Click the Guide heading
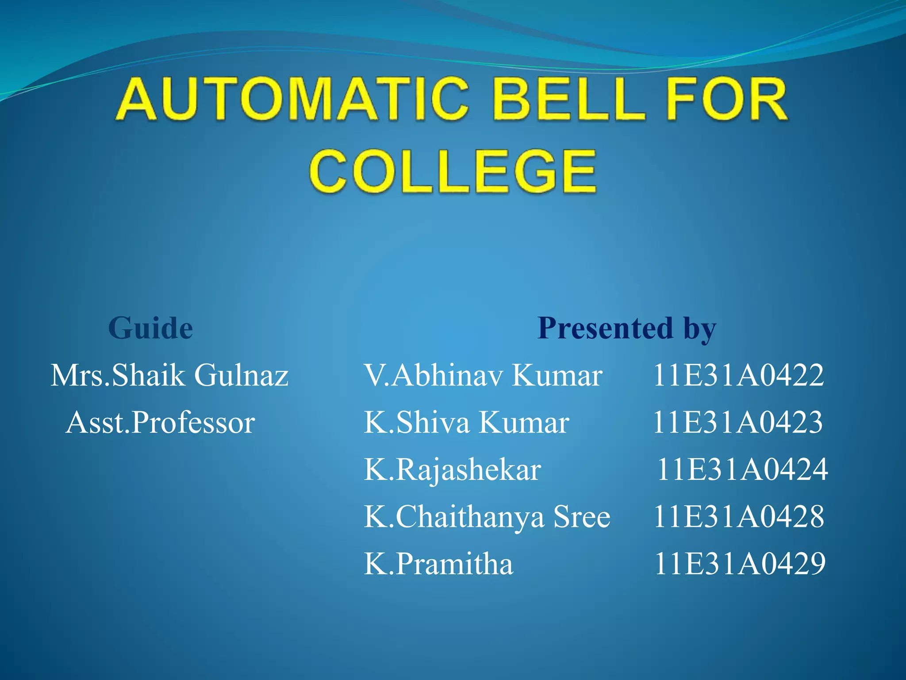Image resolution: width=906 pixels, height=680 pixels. click(x=150, y=328)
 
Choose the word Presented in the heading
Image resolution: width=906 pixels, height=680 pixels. click(x=605, y=328)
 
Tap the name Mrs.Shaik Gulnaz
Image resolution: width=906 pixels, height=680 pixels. click(x=169, y=375)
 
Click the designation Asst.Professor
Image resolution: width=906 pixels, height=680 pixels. click(x=160, y=422)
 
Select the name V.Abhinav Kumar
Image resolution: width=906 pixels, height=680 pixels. click(x=483, y=375)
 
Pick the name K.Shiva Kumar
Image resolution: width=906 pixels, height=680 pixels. click(x=466, y=422)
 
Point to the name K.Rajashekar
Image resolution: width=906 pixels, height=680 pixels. click(x=452, y=469)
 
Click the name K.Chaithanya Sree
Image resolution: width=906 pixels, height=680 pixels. click(x=487, y=517)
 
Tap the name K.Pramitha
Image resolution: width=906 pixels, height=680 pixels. click(x=438, y=564)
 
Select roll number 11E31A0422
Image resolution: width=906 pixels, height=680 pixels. click(x=738, y=375)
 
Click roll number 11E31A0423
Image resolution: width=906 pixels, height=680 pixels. click(x=738, y=422)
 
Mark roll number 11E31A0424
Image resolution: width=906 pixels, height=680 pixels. click(x=742, y=469)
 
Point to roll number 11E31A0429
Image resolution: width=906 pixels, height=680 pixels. click(x=740, y=564)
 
